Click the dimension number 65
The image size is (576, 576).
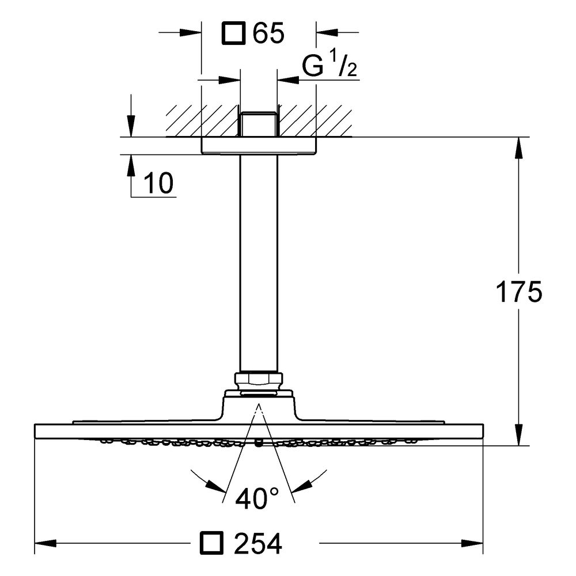point(268,33)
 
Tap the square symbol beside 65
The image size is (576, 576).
point(234,33)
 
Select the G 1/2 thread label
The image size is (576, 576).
point(329,65)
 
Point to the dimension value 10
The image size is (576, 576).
point(159,183)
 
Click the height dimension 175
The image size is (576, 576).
point(519,292)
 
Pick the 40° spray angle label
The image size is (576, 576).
point(257,498)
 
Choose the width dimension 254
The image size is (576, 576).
point(258,544)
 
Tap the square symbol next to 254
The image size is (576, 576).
point(211,543)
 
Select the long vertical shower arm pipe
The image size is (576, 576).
point(259,263)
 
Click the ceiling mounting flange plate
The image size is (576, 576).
point(259,146)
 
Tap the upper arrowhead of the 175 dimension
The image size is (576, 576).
point(519,147)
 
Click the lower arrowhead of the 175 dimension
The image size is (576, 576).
point(519,435)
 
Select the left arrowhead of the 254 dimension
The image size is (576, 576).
point(45,543)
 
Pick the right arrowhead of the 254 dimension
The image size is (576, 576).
point(472,543)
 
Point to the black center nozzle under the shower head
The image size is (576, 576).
point(259,444)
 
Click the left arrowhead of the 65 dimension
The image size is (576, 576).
point(191,33)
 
